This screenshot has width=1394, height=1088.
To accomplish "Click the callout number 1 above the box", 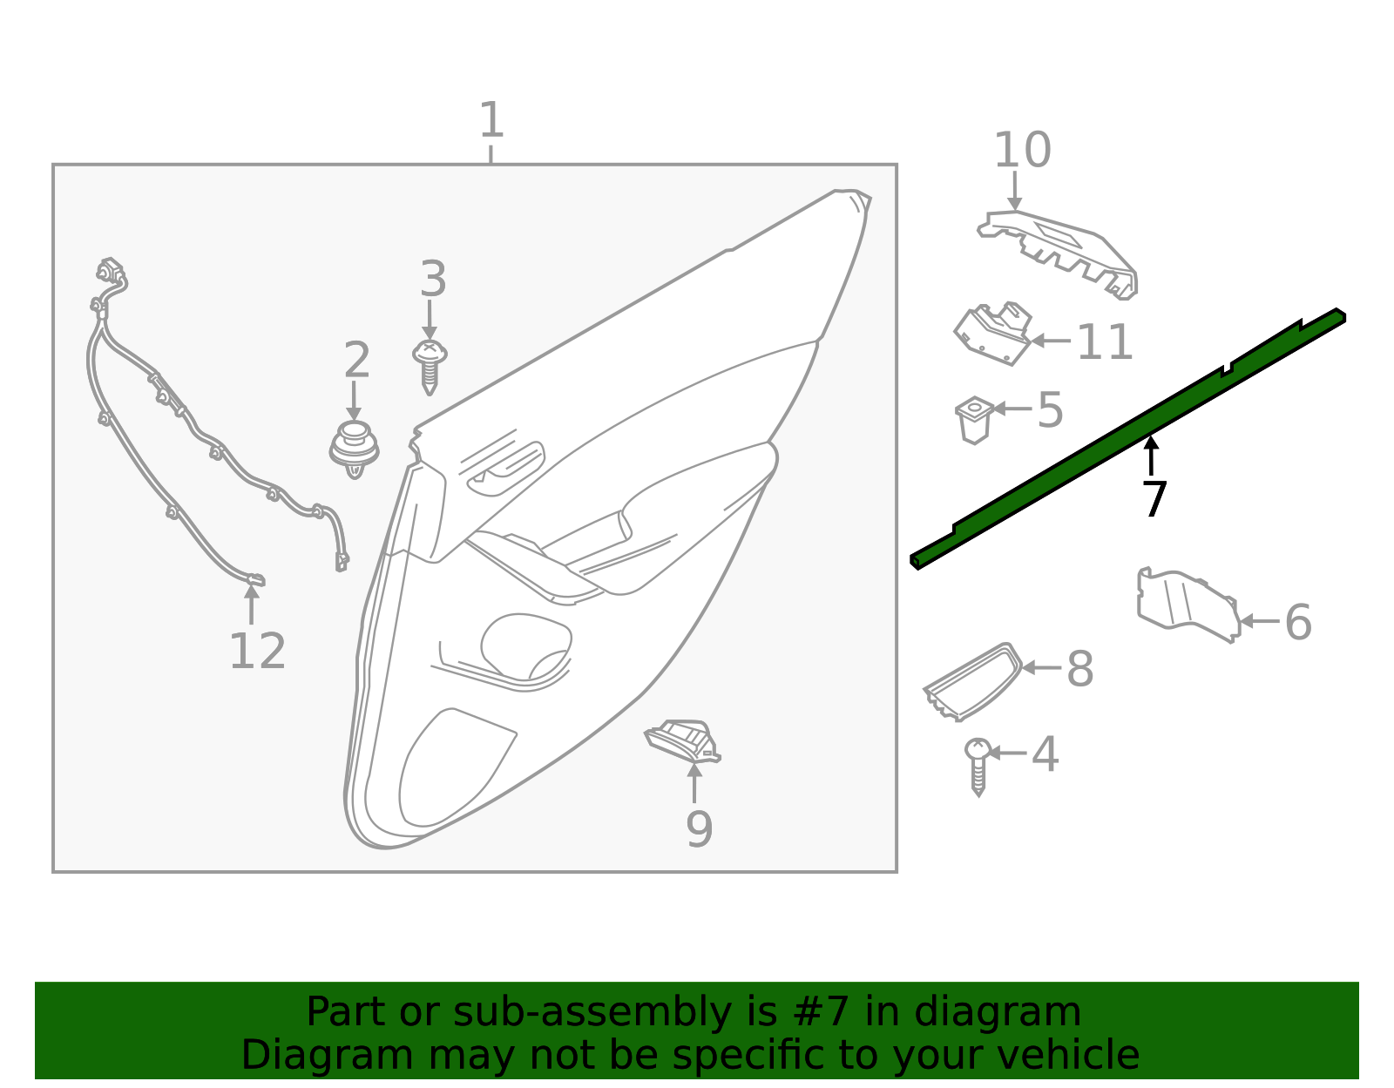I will coord(491,120).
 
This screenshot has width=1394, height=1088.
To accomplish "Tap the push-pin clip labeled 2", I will coord(355,446).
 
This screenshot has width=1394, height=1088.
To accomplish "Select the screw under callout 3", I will coord(430,365).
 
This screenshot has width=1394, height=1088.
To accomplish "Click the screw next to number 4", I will coord(978,765).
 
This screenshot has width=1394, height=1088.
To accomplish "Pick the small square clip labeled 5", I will coord(975,419).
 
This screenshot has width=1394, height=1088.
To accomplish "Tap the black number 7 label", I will coord(1154,500).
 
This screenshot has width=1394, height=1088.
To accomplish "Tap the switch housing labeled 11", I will coord(993,333).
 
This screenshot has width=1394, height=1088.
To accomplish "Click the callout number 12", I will coord(257,652).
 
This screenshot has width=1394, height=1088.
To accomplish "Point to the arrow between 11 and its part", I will coord(1051,341).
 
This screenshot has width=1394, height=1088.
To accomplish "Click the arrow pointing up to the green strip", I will coord(1152,456).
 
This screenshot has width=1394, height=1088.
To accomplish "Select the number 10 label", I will coord(1022,151).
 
